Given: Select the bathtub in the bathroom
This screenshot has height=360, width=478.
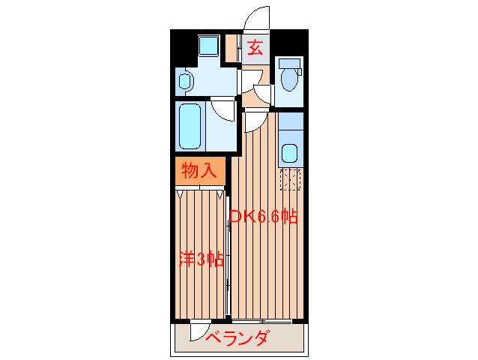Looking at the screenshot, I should tap(191, 126).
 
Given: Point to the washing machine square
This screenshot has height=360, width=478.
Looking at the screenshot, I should tap(208, 46).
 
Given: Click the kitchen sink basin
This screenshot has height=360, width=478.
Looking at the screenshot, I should tap(289, 154).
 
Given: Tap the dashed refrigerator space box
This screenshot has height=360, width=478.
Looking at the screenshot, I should tap(289, 181).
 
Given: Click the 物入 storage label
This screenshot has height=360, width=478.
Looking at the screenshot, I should tap(199, 171).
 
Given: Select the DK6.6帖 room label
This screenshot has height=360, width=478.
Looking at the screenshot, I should tap(264, 217).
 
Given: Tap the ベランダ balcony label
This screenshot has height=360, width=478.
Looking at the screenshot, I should tap(237, 339).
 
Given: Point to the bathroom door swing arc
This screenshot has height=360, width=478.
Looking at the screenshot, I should tap(223, 109).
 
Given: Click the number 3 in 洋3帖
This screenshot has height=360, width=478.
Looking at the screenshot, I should tap(199, 259).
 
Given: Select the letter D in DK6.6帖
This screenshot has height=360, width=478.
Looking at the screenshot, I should tap(234, 217).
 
